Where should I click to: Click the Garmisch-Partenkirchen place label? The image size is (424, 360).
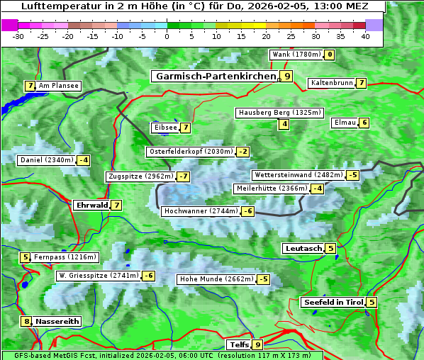pos(214,76)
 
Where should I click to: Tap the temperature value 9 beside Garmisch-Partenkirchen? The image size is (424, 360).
pos(286,76)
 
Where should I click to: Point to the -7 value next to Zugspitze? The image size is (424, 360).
pos(183,176)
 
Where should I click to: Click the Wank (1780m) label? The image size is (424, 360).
pos(296,55)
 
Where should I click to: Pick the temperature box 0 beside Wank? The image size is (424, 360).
pos(329,55)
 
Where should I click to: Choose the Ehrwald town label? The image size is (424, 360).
pos(91,205)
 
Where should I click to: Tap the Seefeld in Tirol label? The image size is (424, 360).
pos(333,302)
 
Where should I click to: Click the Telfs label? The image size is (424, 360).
pos(238,344)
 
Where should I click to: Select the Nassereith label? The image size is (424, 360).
pos(57,321)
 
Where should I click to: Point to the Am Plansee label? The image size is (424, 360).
pos(59,86)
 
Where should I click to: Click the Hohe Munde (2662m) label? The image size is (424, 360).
pos(216,279)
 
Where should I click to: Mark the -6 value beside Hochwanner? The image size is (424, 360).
pos(247,211)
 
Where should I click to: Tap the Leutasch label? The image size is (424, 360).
pos(303,248)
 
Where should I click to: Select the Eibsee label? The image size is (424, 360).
pos(164,128)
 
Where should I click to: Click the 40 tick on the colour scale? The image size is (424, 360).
pos(365,36)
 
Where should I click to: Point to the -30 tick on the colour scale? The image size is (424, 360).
pos(18,36)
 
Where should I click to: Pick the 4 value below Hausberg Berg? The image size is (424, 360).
pos(284,124)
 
